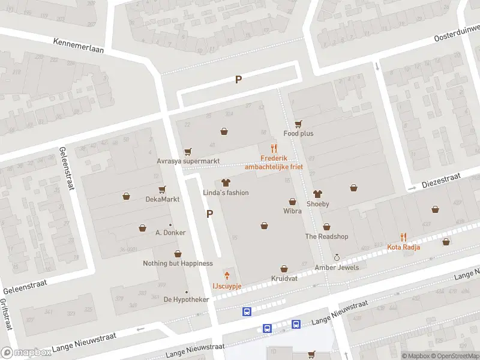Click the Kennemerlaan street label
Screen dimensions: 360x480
pyautogui.click(x=78, y=46)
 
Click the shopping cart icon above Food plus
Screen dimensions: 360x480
pyautogui.click(x=298, y=124)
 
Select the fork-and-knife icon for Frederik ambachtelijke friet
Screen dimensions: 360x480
pyautogui.click(x=274, y=148)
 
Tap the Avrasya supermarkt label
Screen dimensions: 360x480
pyautogui.click(x=188, y=161)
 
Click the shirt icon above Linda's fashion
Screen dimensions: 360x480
pyautogui.click(x=226, y=182)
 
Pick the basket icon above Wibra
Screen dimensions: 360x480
pyautogui.click(x=292, y=202)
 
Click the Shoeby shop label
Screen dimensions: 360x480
pyautogui.click(x=318, y=204)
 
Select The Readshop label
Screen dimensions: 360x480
pyautogui.click(x=326, y=236)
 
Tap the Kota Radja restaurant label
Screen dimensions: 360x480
pyautogui.click(x=403, y=247)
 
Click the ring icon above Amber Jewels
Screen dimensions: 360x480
pyautogui.click(x=337, y=257)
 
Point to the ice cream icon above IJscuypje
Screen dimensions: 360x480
pyautogui.click(x=227, y=276)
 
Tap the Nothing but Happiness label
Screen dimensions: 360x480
pyautogui.click(x=178, y=263)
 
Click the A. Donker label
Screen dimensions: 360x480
pyautogui.click(x=170, y=233)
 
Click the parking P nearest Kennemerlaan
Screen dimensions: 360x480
pyautogui.click(x=238, y=79)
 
